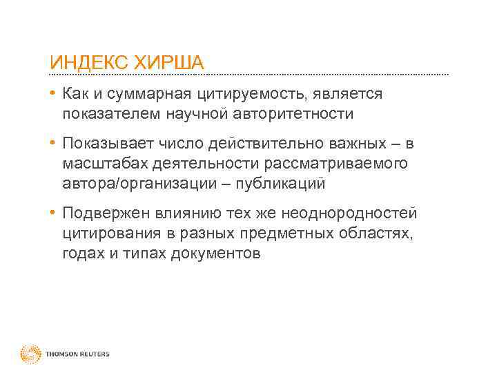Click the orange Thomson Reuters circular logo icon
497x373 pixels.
(31, 354)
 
